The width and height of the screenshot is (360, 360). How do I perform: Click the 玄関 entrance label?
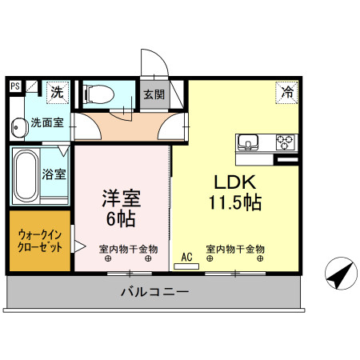pos(154,94)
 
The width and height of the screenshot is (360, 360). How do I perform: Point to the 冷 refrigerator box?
pos(286,92)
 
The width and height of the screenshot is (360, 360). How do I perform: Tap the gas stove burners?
pos(285,142)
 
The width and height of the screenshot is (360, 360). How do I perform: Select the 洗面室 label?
pos(49,124)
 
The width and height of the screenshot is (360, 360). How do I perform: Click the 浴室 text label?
pos(54,173)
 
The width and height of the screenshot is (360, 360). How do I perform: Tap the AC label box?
pos(186,258)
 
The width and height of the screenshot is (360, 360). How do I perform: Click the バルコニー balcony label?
pos(154,292)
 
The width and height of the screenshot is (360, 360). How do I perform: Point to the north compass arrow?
pos(340,276)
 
